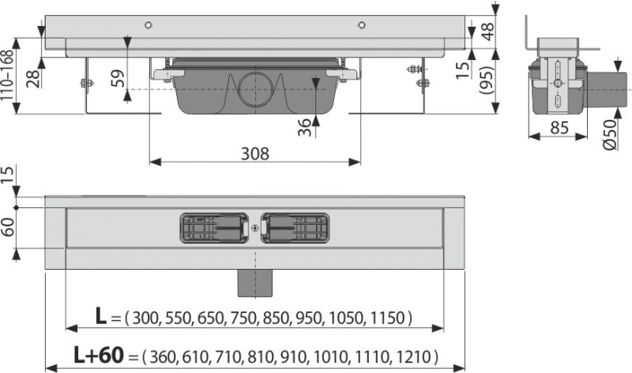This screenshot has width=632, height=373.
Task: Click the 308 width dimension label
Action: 254,153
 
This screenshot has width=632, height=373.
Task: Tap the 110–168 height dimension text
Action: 7,76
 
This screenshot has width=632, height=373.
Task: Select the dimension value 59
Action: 117,78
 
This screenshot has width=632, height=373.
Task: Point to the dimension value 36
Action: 305,127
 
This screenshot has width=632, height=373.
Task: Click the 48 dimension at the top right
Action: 487,32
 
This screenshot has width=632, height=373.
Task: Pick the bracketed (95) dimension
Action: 487,80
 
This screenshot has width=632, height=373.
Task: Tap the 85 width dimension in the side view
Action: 559,128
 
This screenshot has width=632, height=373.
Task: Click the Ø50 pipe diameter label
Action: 610,135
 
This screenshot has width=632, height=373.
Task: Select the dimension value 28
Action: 34,78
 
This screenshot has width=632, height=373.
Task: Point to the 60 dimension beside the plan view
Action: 8,227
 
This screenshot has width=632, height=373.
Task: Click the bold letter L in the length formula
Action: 101,316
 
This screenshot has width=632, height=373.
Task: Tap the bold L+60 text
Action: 98,355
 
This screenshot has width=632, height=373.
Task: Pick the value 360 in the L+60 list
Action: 164,356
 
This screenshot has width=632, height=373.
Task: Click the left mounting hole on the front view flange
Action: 149,25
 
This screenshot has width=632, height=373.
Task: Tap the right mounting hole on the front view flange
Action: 362,25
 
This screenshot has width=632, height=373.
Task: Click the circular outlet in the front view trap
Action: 255,90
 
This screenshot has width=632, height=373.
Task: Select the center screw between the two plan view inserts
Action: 254,229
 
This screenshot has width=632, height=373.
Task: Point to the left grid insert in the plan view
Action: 213,228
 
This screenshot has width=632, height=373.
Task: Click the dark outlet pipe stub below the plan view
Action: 255,283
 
